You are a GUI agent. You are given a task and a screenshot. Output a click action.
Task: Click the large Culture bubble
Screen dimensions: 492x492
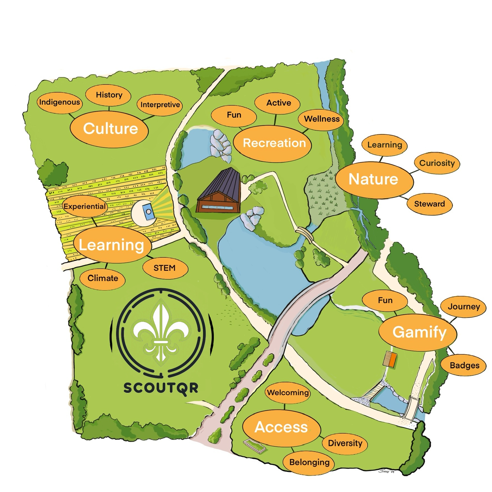(110, 129)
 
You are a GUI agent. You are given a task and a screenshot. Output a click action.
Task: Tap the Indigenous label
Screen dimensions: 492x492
(59, 102)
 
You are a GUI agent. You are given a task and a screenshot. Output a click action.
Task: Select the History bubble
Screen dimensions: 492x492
(109, 95)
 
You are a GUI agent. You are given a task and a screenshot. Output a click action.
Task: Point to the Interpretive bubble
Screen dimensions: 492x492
(160, 105)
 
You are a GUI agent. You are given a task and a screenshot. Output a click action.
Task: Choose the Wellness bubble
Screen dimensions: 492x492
(321, 119)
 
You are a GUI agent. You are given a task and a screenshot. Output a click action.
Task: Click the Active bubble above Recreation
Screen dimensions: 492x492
(278, 103)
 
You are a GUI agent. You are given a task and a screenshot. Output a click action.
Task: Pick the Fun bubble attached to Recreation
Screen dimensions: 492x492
(234, 115)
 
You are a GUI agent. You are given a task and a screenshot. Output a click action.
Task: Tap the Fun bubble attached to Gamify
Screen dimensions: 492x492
(385, 300)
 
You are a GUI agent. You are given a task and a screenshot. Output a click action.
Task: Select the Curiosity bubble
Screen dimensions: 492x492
(437, 163)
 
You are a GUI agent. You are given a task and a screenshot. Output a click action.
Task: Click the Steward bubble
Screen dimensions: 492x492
(429, 204)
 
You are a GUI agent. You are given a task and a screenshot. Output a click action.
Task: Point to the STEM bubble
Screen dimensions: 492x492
(165, 268)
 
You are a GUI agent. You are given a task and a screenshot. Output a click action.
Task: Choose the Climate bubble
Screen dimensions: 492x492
(102, 278)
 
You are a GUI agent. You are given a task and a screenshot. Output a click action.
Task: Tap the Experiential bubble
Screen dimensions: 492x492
(85, 206)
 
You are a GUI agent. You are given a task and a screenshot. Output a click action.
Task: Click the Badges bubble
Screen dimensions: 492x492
(465, 365)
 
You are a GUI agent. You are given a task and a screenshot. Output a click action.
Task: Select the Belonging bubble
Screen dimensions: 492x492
(309, 462)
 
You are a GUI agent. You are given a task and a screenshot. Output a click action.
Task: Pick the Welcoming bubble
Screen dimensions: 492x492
(288, 393)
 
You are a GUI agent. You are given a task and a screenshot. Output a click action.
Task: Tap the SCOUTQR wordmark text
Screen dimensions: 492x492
(160, 388)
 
